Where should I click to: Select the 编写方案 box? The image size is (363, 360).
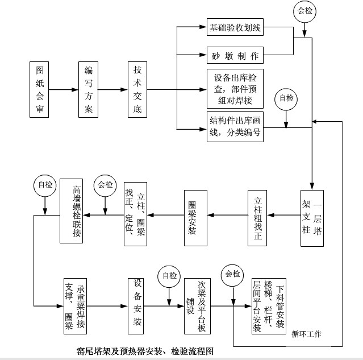pos(88,89)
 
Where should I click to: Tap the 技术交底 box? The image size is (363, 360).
pos(137,89)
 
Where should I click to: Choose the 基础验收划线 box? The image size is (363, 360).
pos(235,27)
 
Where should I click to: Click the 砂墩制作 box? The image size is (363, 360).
pos(235,56)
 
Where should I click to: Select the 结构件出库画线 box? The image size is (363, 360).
pos(235,126)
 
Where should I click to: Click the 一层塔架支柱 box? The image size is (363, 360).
pos(312,218)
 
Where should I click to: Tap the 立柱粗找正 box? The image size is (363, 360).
pos(258,218)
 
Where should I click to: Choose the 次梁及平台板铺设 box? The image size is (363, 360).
pos(197,306)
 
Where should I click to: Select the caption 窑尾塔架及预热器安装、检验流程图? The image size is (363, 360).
pos(145,351)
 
